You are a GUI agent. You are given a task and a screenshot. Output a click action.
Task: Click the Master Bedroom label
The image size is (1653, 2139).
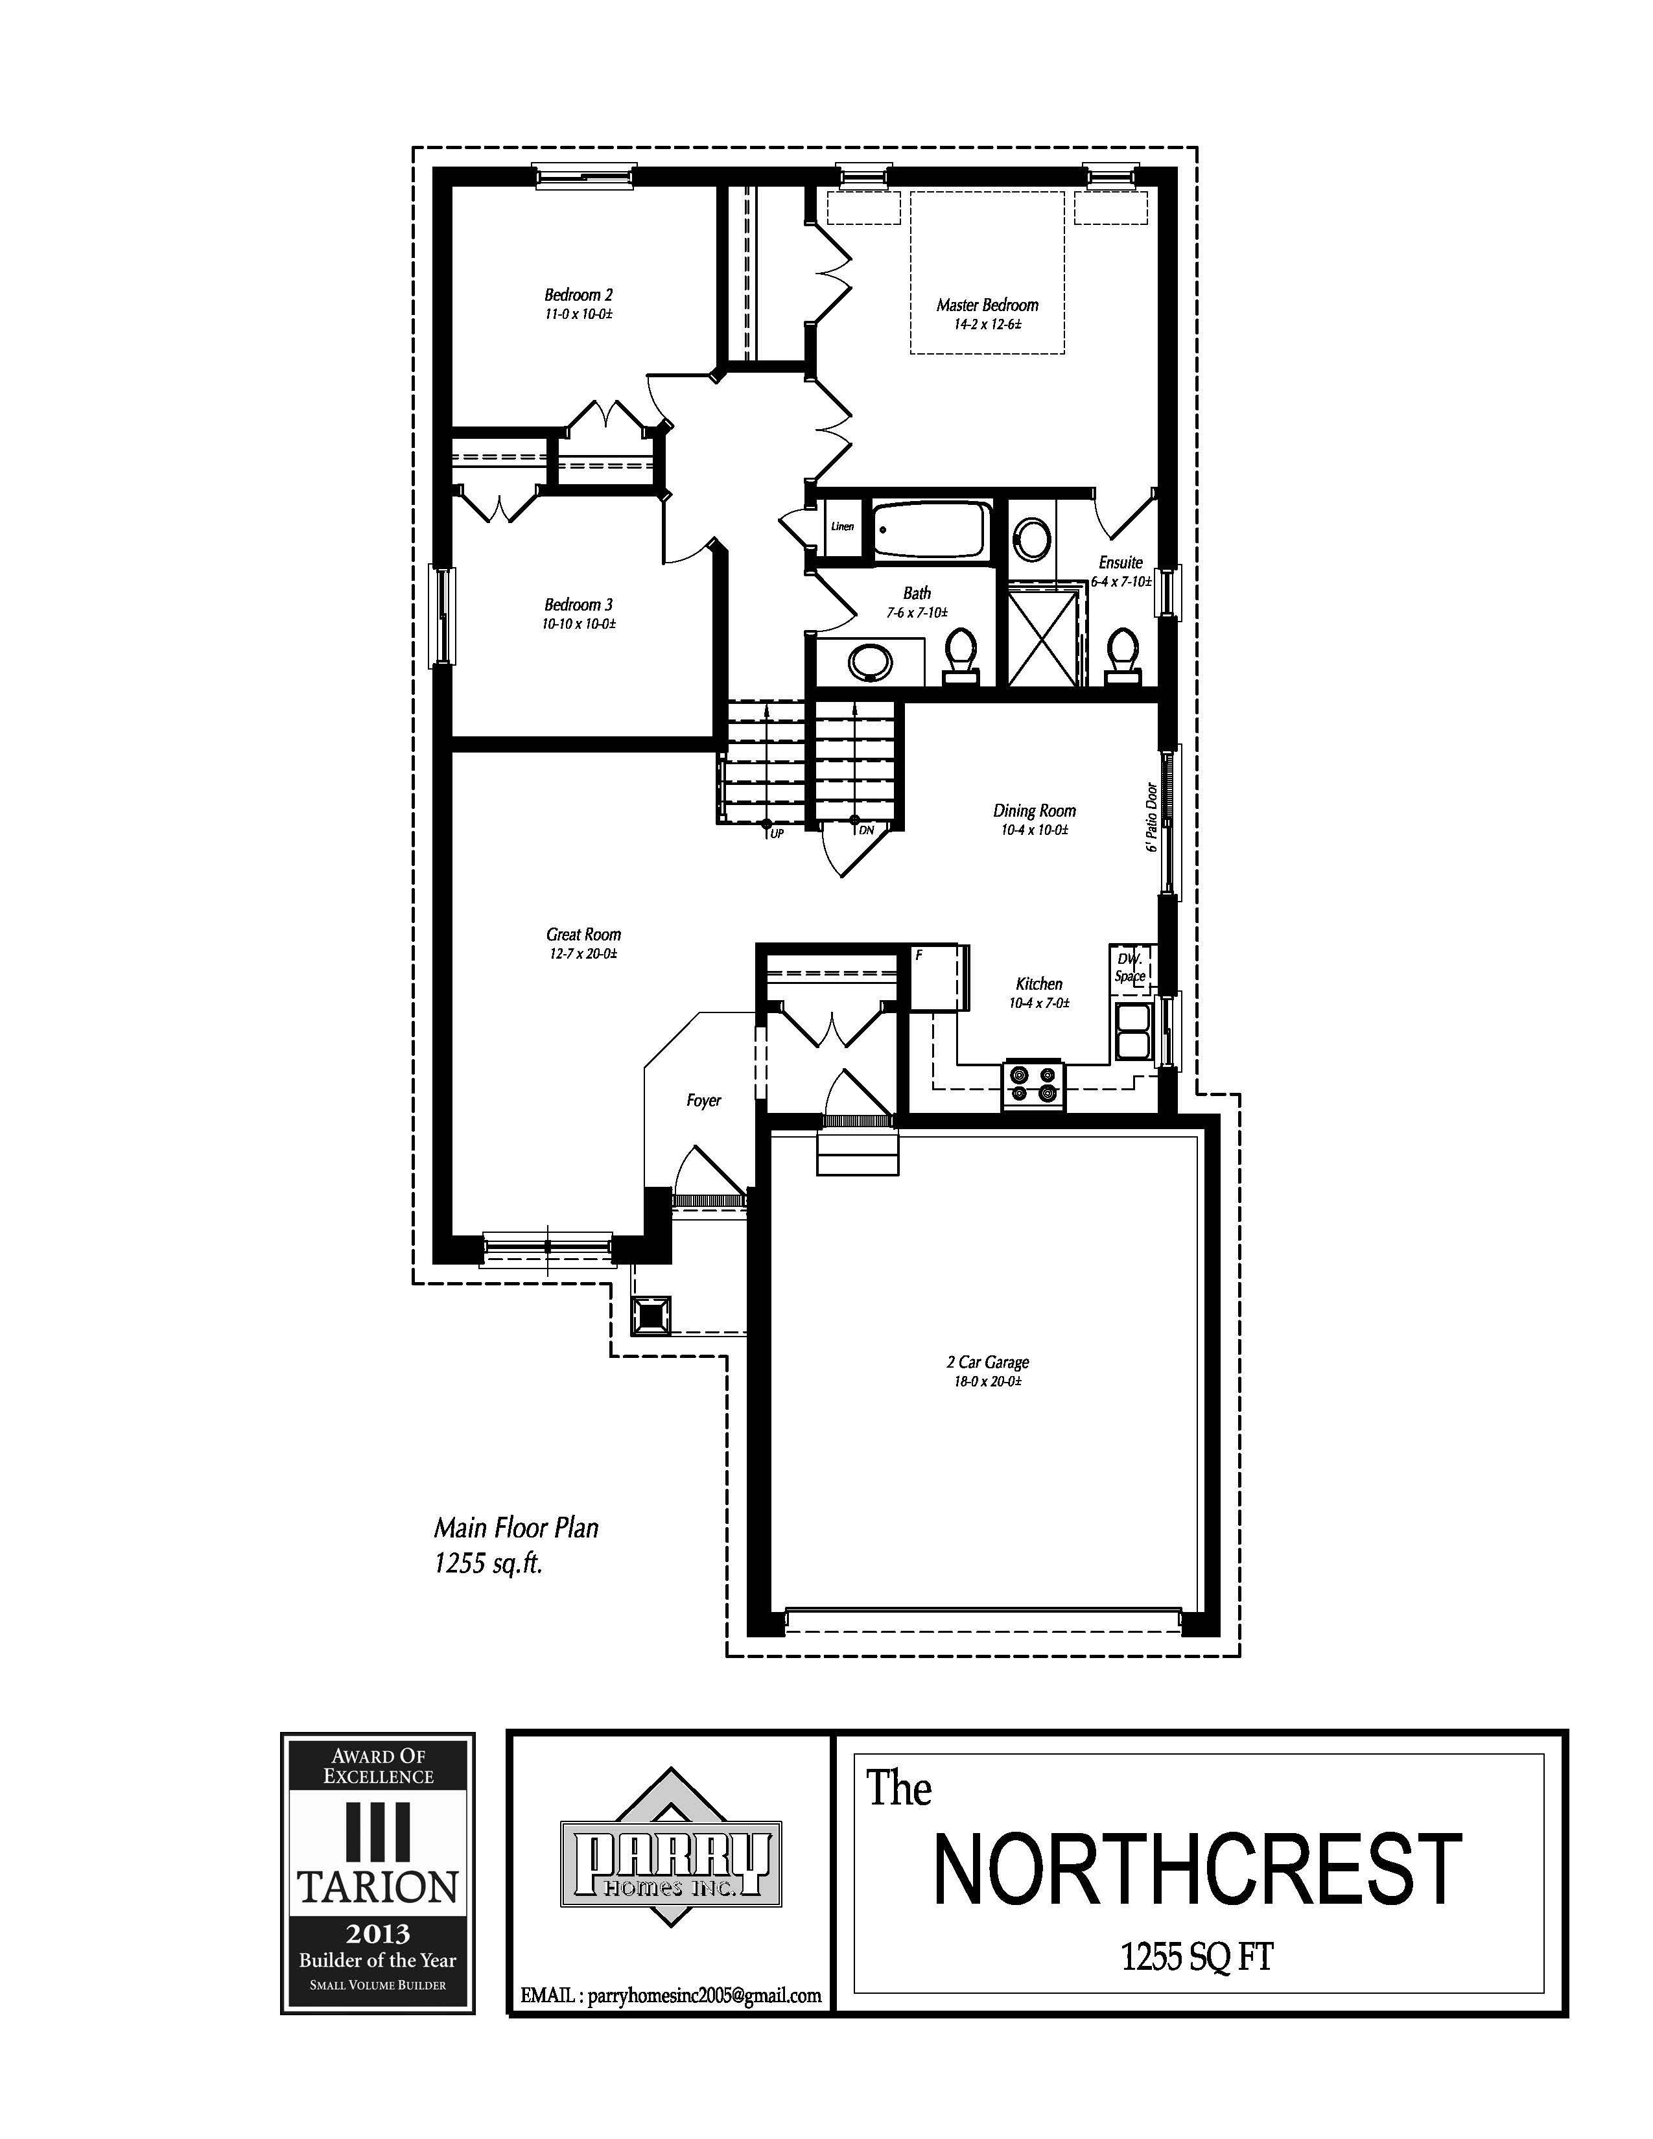987,305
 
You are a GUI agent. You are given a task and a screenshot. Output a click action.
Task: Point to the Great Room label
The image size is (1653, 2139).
583,934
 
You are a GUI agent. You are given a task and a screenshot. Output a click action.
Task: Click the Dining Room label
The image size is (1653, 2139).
1034,810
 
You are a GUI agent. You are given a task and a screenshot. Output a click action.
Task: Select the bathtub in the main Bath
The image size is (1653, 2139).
928,530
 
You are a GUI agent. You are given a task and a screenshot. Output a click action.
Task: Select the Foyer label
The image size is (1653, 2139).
703,1101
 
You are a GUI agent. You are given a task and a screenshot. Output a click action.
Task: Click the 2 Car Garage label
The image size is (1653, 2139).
987,1361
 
